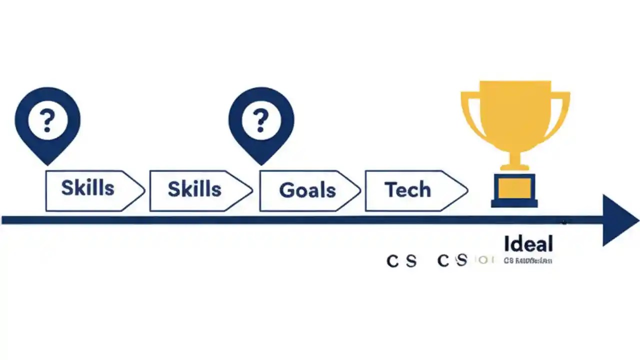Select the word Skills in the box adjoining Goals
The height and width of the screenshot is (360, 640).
pos(194,189)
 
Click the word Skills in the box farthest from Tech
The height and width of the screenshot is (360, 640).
pos(87,188)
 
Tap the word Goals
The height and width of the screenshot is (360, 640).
pos(307,190)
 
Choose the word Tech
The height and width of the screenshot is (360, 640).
pos(407,189)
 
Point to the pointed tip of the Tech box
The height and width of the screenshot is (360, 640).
pos(467,190)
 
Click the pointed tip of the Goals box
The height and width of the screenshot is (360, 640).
pos(359,190)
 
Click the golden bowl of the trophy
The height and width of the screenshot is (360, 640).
pos(515,115)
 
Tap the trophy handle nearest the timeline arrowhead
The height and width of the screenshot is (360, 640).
pos(561,112)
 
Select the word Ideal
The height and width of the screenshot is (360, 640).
pos(528,244)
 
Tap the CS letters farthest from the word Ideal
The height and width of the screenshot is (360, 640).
pos(401,260)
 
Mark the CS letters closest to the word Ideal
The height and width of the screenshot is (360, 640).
pos(452,260)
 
